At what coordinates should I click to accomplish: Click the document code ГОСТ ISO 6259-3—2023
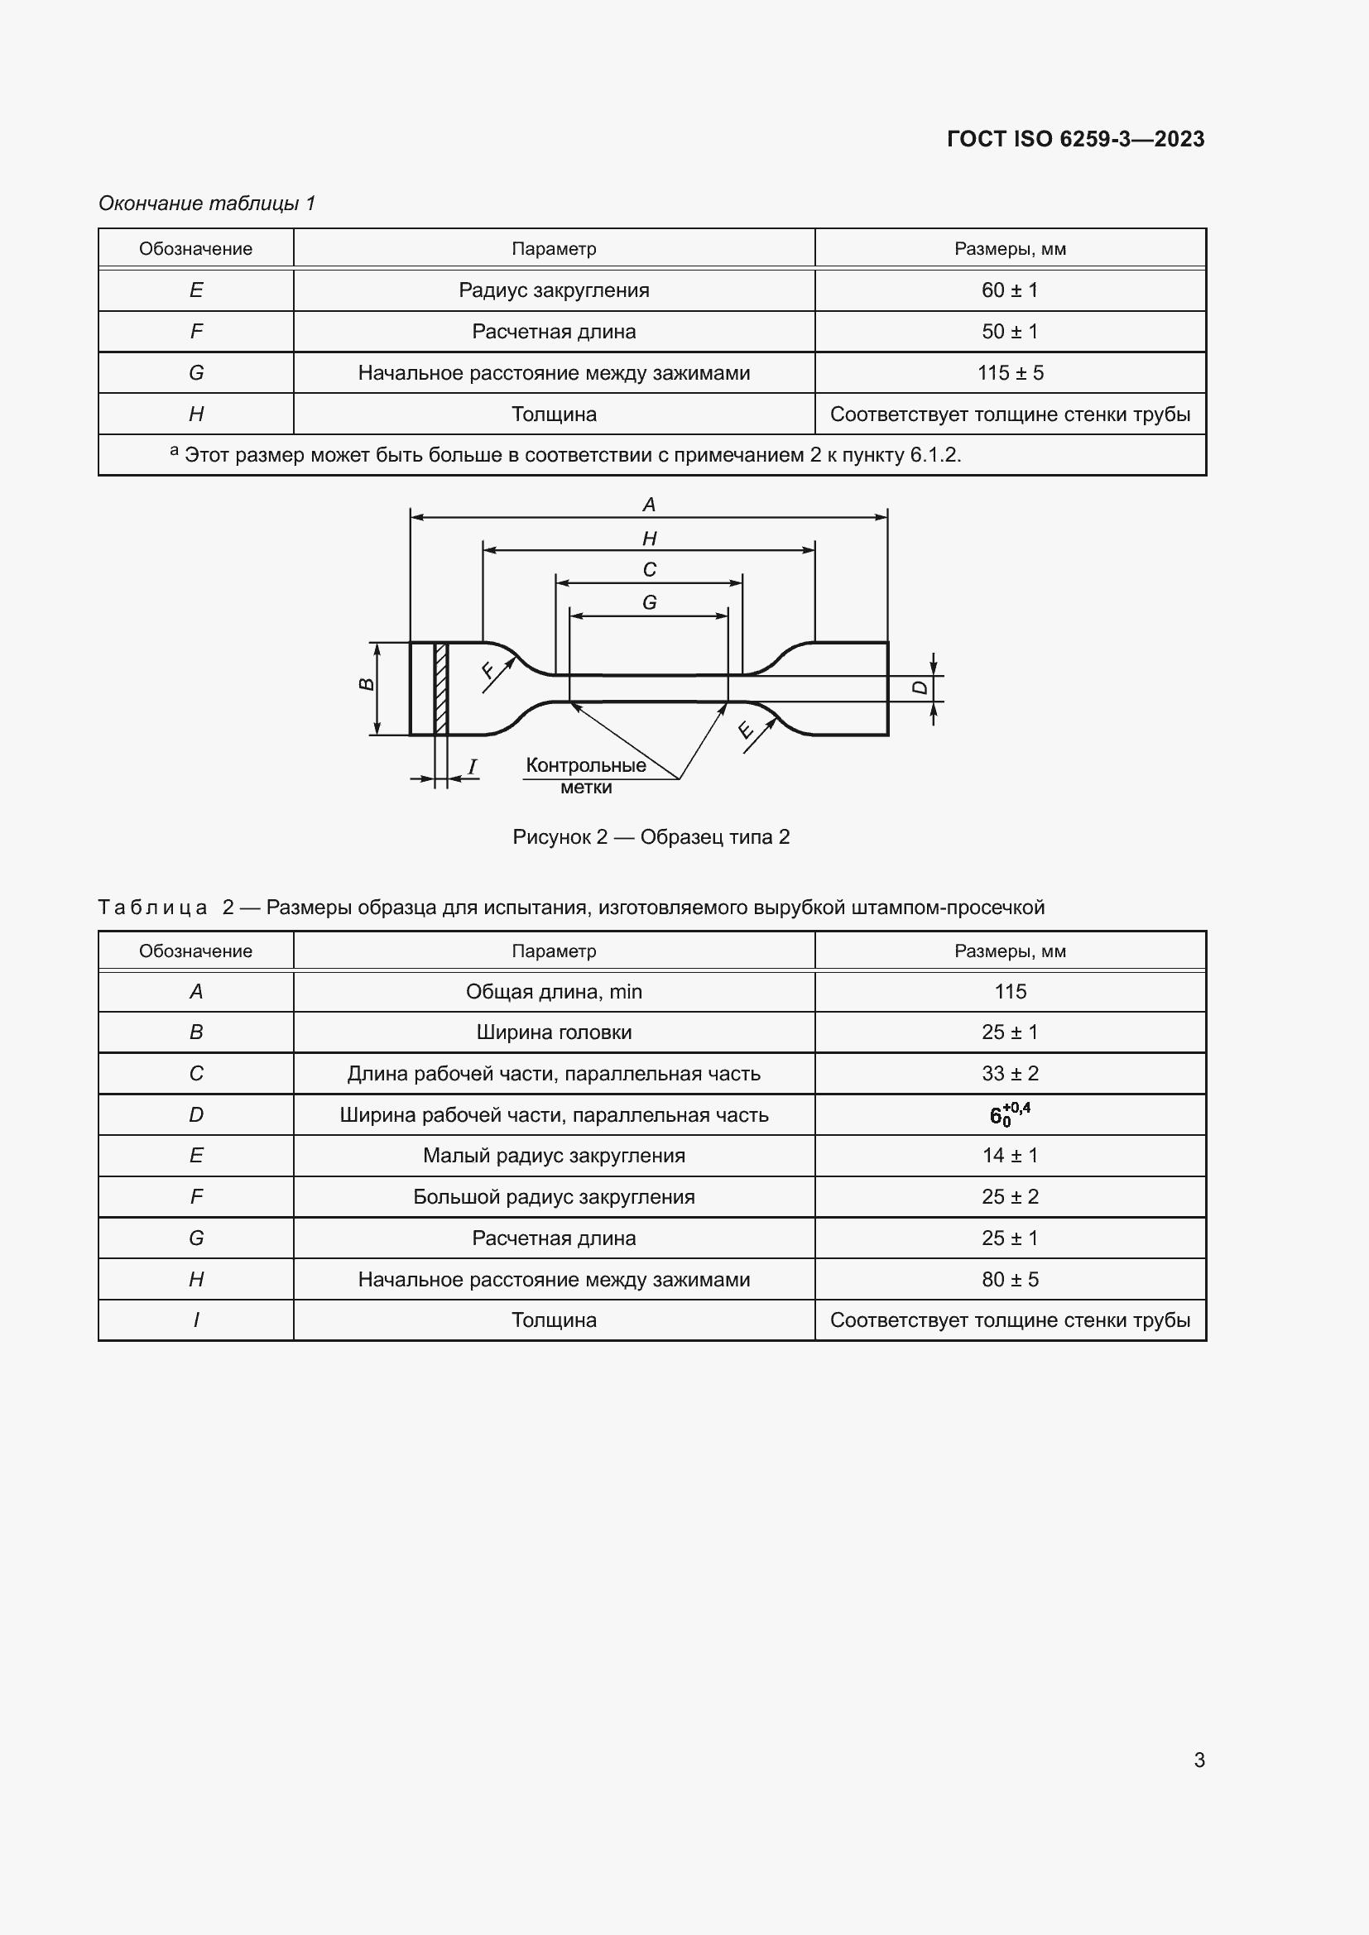pyautogui.click(x=1075, y=139)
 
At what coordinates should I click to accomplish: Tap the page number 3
pyautogui.click(x=1198, y=1760)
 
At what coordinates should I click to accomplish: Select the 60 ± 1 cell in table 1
pyautogui.click(x=1009, y=290)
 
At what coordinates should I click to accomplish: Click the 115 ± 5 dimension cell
pyautogui.click(x=1009, y=372)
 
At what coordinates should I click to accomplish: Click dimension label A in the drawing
pyautogui.click(x=648, y=505)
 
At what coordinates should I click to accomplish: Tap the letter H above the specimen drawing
pyautogui.click(x=649, y=539)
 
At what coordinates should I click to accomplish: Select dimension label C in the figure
pyautogui.click(x=649, y=570)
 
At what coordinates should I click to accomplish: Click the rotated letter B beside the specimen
pyautogui.click(x=367, y=684)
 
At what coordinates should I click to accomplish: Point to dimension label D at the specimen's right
pyautogui.click(x=920, y=687)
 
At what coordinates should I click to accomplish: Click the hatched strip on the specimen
pyautogui.click(x=441, y=687)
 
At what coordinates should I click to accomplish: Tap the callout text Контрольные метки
pyautogui.click(x=586, y=775)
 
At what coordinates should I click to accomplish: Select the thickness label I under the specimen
pyautogui.click(x=472, y=767)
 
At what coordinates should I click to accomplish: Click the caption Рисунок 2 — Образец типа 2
pyautogui.click(x=651, y=837)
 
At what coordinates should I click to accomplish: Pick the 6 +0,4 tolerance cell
pyautogui.click(x=1009, y=1114)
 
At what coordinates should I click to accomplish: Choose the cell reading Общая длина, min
pyautogui.click(x=554, y=992)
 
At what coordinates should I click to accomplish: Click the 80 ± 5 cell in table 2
pyautogui.click(x=1009, y=1279)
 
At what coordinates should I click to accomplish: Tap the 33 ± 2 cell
pyautogui.click(x=1009, y=1074)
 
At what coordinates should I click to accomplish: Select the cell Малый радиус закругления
pyautogui.click(x=554, y=1156)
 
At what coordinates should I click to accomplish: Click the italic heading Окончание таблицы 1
pyautogui.click(x=207, y=204)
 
